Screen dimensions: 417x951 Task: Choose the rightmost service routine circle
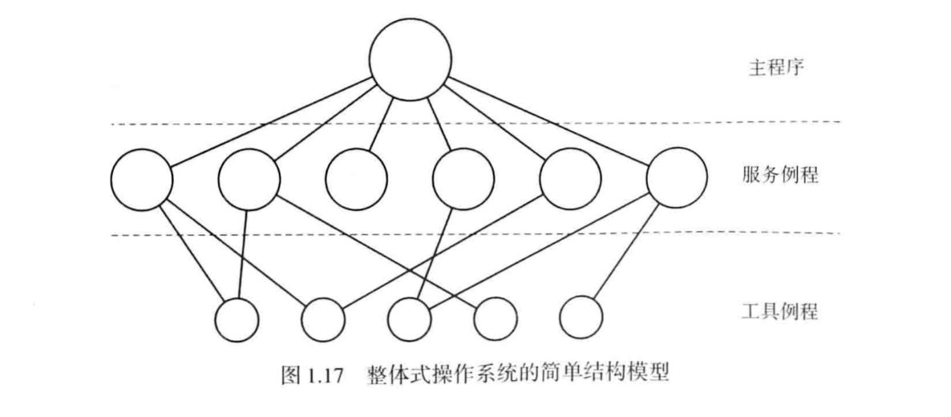click(676, 176)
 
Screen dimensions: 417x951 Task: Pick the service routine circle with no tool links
click(356, 176)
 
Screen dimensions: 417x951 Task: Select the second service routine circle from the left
click(249, 176)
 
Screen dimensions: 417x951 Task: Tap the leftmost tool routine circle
click(237, 318)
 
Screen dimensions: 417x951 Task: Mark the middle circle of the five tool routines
click(410, 318)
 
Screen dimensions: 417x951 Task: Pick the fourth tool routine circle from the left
click(496, 318)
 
